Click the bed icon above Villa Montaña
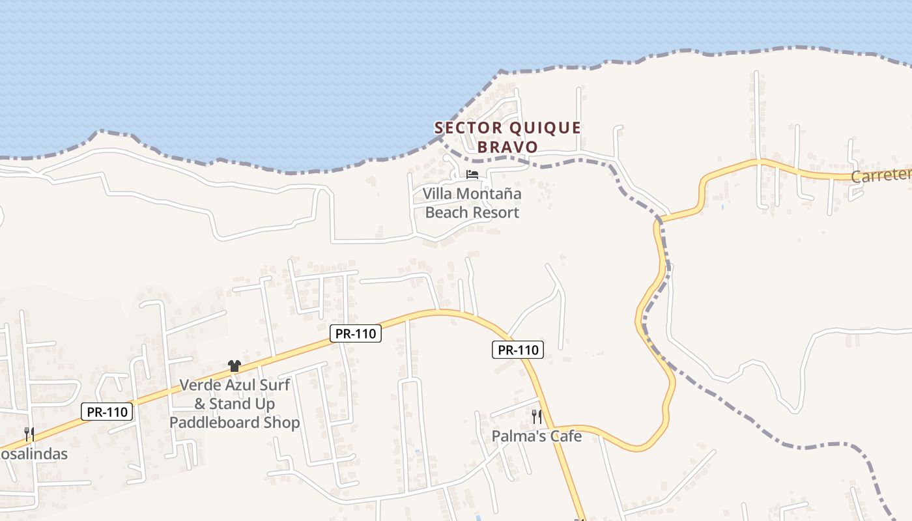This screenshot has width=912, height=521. click(x=472, y=175)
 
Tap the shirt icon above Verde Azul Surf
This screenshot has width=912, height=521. click(x=235, y=366)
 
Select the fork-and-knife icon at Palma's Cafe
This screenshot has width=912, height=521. click(x=537, y=417)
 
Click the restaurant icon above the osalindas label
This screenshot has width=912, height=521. click(x=29, y=434)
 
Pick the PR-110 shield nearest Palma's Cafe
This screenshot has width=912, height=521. click(x=518, y=350)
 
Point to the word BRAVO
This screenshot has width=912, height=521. click(x=507, y=147)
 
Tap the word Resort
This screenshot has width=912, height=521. click(x=495, y=212)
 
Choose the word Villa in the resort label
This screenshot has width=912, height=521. click(x=437, y=193)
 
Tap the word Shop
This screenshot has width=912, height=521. click(x=283, y=423)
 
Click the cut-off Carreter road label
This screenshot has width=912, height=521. click(x=881, y=176)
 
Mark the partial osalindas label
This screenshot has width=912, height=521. click(x=33, y=454)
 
